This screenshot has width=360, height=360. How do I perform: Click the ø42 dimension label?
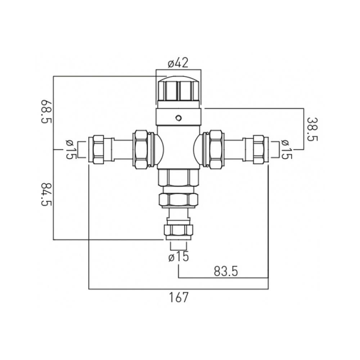[x=178, y=63]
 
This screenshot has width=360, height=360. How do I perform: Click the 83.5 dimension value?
[x=226, y=271]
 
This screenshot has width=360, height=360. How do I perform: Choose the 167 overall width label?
[x=179, y=298]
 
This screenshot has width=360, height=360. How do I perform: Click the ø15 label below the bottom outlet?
[x=179, y=257]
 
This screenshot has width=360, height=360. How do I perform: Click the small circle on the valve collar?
[x=178, y=118]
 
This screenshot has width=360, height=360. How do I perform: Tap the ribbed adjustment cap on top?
[x=178, y=90]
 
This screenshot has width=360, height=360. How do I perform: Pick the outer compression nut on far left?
[x=99, y=149]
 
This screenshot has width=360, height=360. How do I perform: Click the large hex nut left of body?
[x=141, y=149]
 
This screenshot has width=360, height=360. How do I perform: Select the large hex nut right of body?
[x=215, y=149]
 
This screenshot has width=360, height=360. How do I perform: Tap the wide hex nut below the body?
[x=178, y=199]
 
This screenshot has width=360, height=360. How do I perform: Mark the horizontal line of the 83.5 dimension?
[x=223, y=278]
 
